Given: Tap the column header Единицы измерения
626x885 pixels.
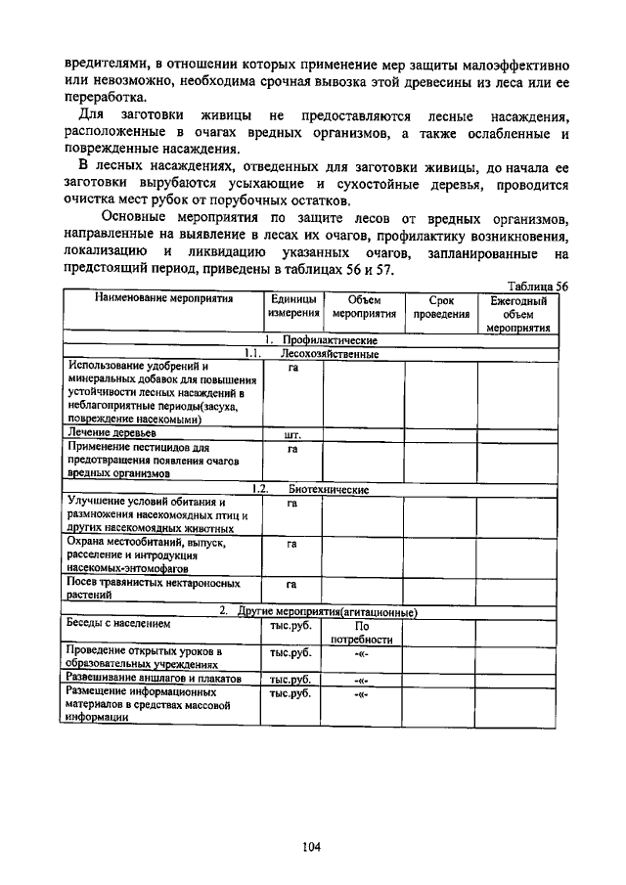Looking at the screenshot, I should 292,307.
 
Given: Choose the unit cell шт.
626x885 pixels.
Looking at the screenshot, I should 291,434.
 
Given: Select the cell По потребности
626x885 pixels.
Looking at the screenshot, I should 362,632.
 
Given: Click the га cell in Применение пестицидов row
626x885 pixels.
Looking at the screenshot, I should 291,449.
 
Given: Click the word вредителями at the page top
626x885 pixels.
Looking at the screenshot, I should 106,41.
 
